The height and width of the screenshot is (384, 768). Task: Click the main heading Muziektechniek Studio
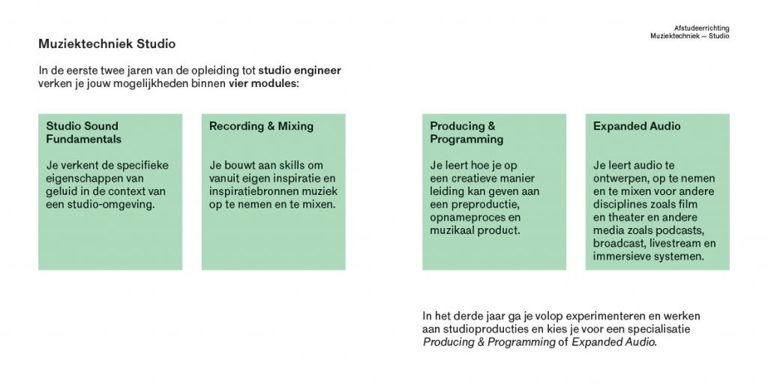106,44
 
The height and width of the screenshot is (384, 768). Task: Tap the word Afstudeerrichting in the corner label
701,28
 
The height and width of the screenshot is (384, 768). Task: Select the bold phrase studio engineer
300,70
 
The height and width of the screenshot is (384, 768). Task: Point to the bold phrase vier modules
262,83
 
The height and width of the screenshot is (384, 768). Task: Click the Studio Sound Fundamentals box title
84,133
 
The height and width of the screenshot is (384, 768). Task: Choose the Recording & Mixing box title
261,126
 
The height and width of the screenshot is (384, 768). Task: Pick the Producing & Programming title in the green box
466,133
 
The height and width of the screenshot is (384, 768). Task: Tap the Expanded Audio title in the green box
637,126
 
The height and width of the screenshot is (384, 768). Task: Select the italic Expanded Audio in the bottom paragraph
613,342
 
